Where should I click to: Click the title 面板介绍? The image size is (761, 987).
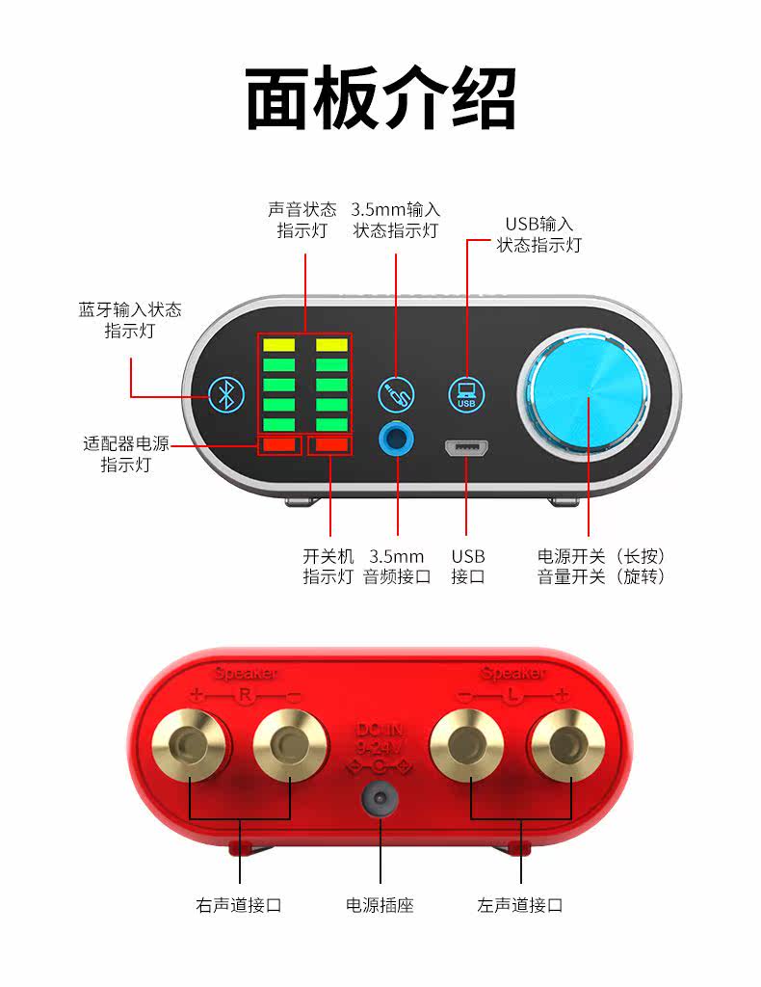point(380,98)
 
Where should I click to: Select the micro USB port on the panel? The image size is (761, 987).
point(466,448)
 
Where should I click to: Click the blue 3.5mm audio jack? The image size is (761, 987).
point(397,440)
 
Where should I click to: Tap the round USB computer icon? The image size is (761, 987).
point(466,394)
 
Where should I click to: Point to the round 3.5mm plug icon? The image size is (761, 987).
point(397,392)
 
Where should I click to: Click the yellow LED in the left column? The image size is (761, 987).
point(279,345)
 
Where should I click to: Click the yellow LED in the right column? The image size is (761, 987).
point(331,345)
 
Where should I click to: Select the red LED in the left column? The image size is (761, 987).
point(279,444)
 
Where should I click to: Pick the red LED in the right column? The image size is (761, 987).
point(331,444)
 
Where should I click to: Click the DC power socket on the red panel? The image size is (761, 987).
point(380,799)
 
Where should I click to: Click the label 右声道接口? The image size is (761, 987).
point(239,905)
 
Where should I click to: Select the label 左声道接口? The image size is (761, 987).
point(520,905)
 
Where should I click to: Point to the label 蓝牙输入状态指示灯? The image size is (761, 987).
point(130,320)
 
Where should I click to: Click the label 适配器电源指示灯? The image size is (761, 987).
point(125,454)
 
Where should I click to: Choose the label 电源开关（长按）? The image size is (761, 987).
point(601,556)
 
